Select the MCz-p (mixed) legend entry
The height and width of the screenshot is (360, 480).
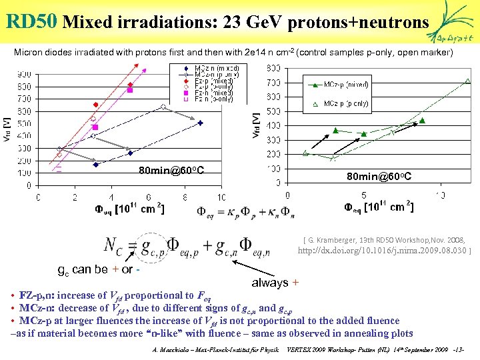point(336,85)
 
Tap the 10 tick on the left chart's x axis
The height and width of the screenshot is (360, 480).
point(221,197)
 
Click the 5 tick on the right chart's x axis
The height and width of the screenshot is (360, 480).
point(364,195)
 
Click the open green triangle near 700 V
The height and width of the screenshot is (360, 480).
point(467,81)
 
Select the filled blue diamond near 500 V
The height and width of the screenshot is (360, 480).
point(200,123)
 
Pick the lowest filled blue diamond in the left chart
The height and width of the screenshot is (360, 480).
point(96,165)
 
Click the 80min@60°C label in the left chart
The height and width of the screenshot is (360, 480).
point(171,171)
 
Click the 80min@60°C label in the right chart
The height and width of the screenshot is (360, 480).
point(379,176)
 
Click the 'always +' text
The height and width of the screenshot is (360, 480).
point(275,283)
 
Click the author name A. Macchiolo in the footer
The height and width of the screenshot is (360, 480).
point(175,349)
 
